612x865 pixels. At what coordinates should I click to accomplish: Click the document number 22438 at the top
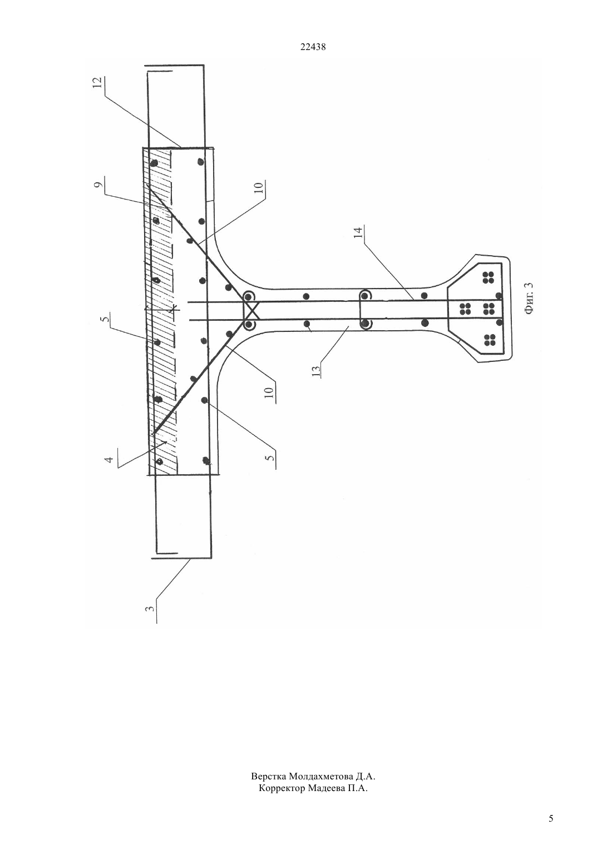[313, 47]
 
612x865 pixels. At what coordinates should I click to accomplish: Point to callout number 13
[316, 371]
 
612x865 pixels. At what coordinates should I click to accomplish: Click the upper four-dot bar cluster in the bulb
[488, 277]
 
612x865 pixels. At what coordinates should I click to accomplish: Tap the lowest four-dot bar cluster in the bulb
[488, 340]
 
